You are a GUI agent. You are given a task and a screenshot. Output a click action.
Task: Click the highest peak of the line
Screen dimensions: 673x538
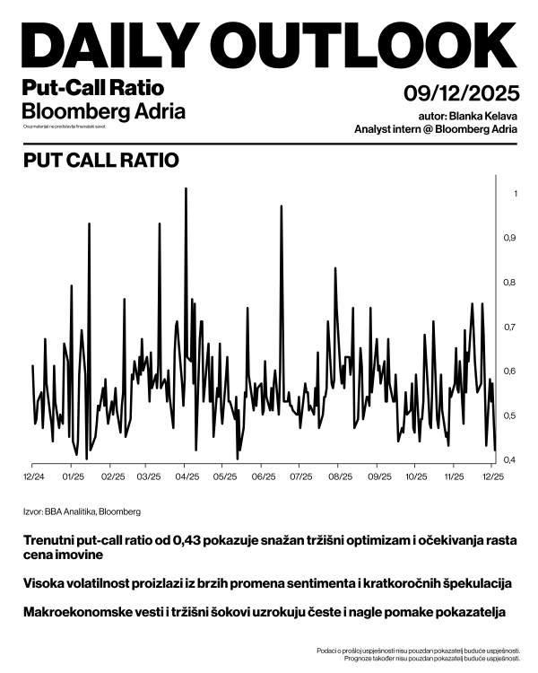[186, 189]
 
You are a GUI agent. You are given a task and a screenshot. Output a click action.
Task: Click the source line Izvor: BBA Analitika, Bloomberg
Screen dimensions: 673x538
[82, 511]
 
